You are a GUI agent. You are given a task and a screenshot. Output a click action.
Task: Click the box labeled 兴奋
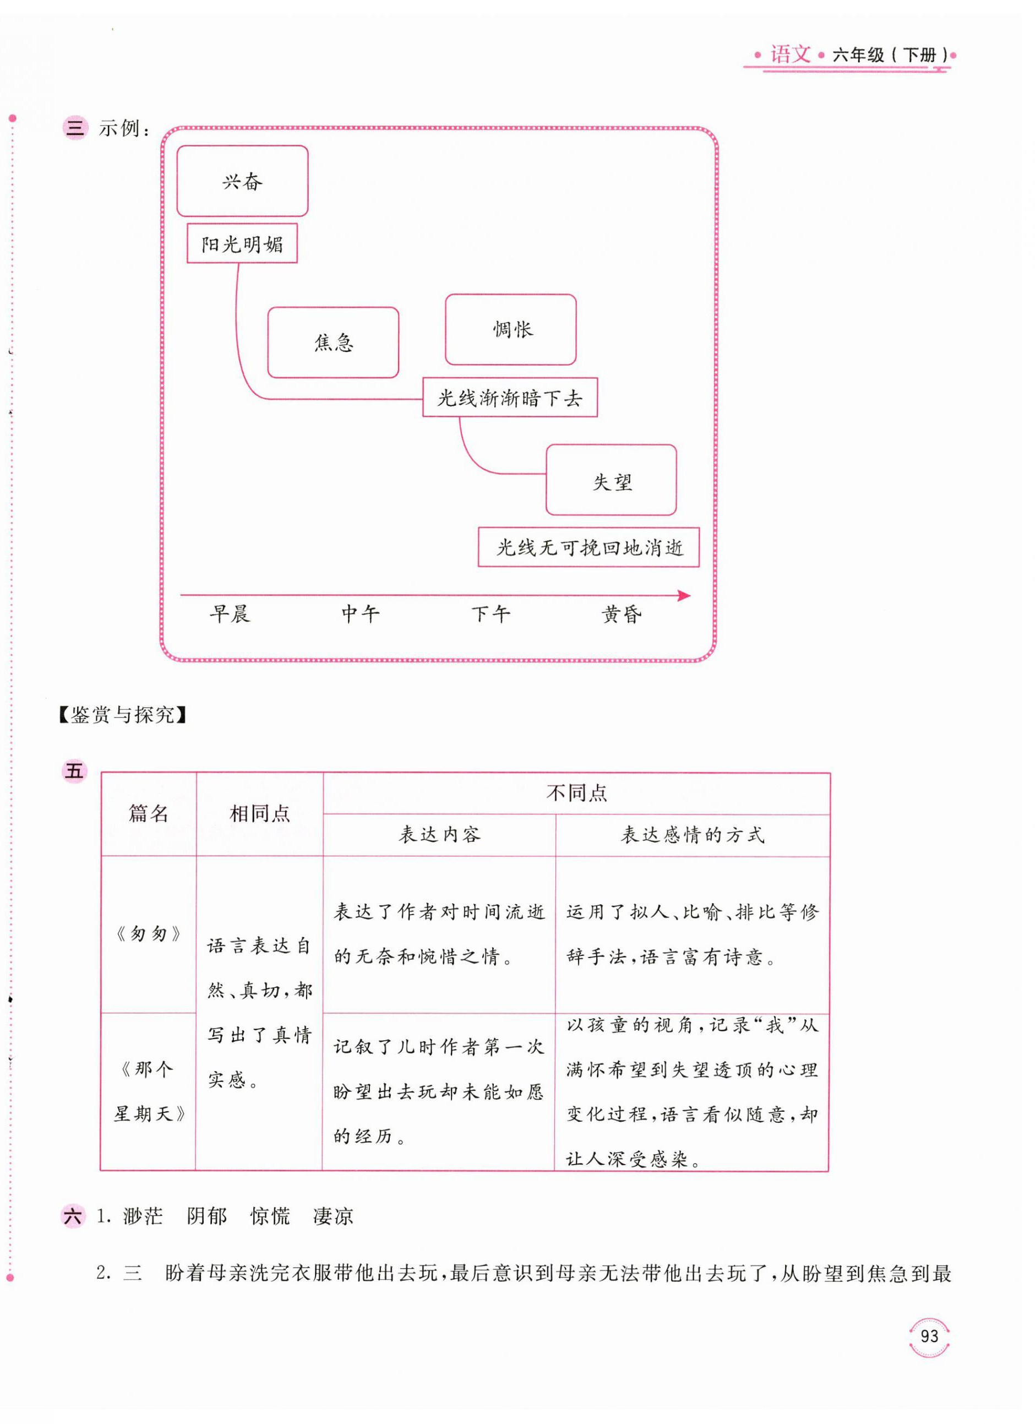tap(242, 182)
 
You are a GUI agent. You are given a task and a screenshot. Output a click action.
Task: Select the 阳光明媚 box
tap(242, 244)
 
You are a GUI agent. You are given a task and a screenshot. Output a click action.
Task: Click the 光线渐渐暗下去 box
tap(510, 398)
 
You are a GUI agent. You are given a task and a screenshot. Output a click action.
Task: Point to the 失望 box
tap(611, 480)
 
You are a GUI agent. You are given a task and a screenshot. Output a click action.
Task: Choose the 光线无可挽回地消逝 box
tap(589, 547)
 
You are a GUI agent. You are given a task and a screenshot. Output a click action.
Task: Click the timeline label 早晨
tap(230, 613)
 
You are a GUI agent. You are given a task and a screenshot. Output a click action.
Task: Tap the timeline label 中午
tap(360, 613)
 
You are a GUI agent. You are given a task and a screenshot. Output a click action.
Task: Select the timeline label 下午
tap(491, 613)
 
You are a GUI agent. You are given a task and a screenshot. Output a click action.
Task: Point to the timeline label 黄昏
tap(622, 613)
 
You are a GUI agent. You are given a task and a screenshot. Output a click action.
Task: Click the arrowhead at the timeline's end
tap(685, 595)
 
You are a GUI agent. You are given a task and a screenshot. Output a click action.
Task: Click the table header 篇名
tap(149, 814)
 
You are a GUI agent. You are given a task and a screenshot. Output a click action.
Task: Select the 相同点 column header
tap(259, 814)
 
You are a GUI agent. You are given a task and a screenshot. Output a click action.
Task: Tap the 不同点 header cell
tap(576, 793)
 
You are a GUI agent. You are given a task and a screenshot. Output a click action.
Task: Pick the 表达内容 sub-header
tap(439, 834)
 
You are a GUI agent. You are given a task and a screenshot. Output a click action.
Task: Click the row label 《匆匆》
tap(149, 934)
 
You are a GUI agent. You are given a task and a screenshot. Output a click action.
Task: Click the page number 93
tap(929, 1336)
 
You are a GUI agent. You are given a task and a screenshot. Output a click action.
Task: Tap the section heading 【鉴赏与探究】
tap(122, 715)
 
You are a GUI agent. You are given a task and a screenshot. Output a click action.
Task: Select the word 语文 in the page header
tap(790, 55)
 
